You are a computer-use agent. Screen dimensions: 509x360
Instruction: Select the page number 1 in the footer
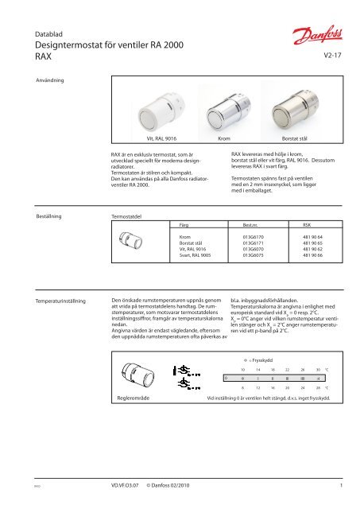(x=339, y=483)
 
